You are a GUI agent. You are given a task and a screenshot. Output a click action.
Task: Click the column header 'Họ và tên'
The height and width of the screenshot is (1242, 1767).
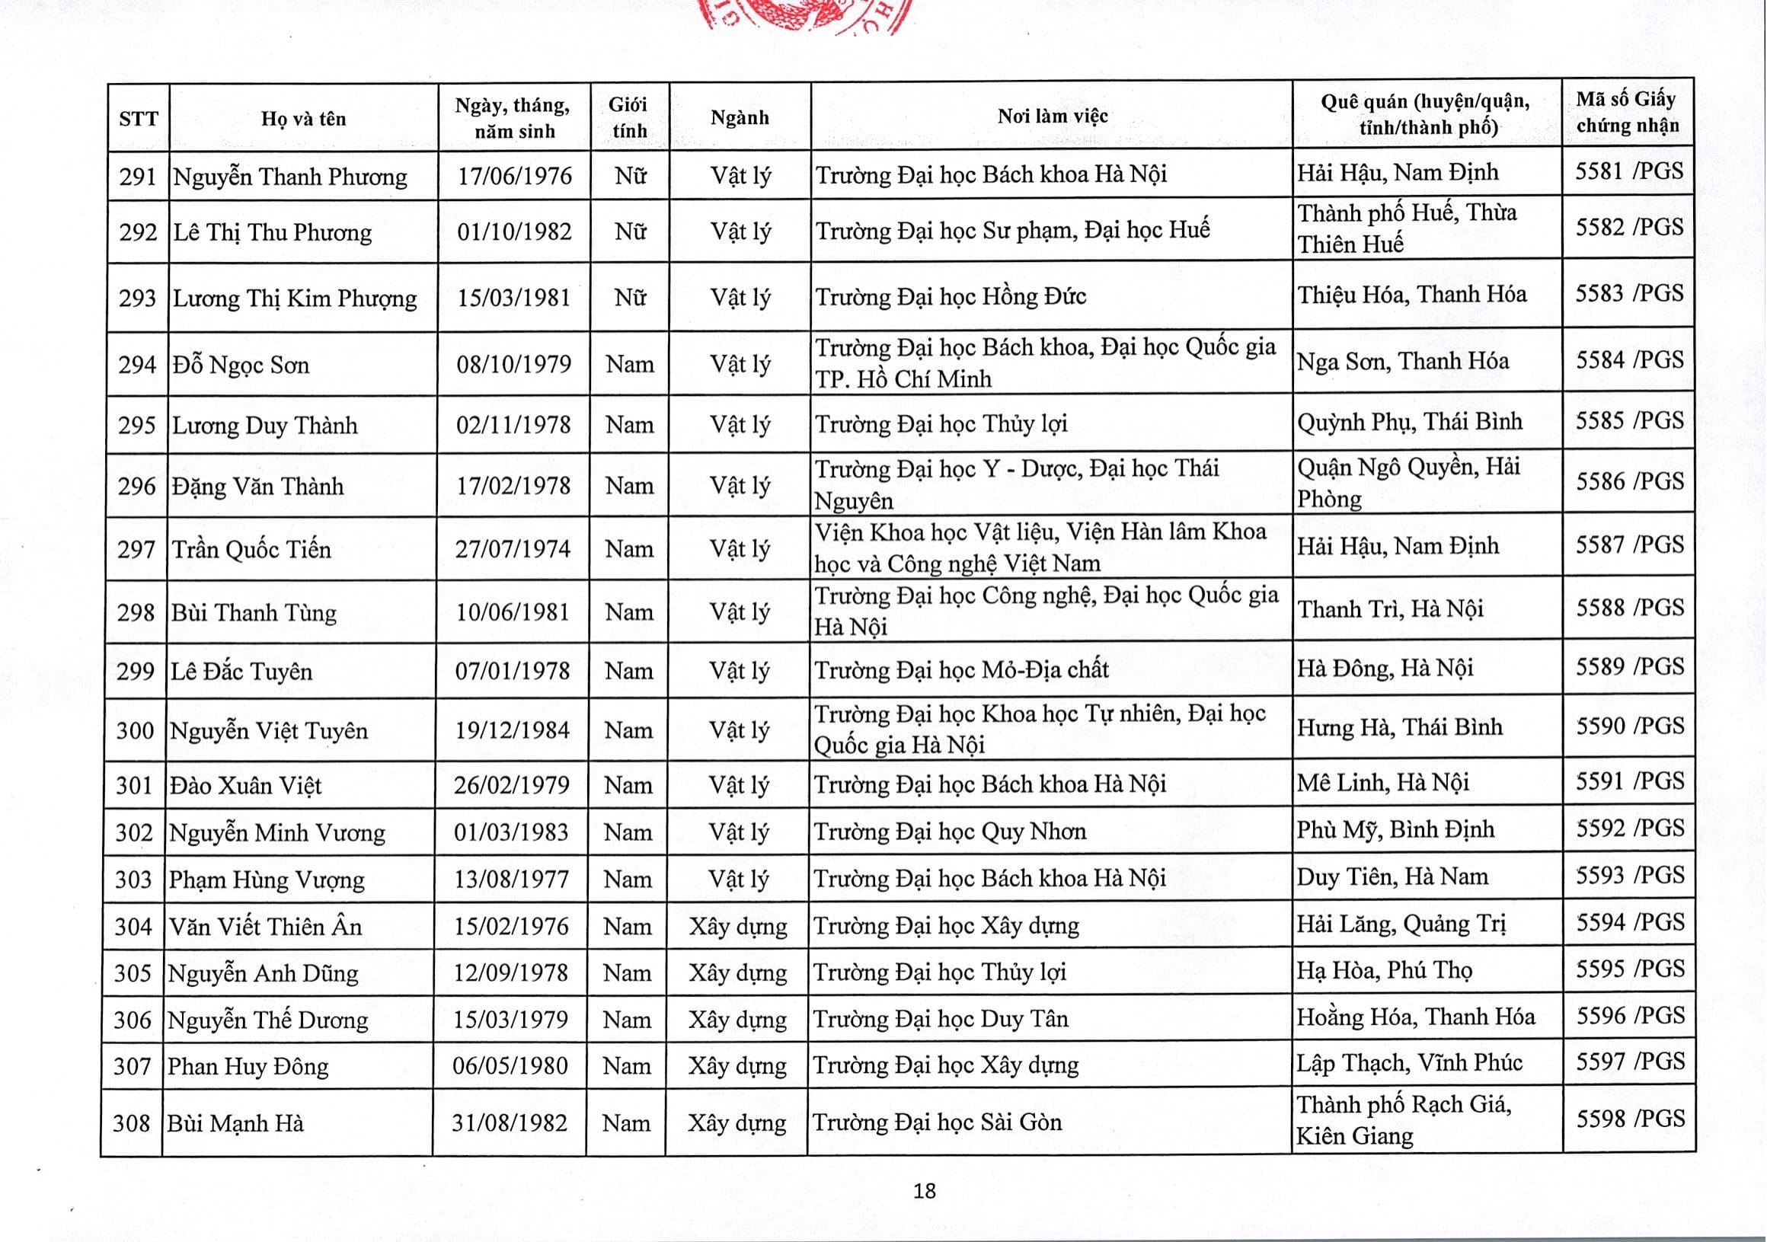click(x=303, y=119)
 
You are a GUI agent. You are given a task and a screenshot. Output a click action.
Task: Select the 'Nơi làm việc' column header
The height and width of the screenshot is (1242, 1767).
click(x=1052, y=117)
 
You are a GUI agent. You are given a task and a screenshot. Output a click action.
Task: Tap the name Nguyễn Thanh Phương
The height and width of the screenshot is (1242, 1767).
click(x=290, y=176)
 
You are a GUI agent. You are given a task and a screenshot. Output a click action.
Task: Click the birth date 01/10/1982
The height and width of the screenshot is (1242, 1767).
click(x=514, y=231)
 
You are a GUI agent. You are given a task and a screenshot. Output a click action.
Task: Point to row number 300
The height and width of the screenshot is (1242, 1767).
click(x=136, y=730)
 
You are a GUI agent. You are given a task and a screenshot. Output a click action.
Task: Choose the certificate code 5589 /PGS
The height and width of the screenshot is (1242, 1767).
click(x=1629, y=666)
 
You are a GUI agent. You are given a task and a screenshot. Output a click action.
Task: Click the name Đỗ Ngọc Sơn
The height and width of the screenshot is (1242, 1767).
click(x=241, y=364)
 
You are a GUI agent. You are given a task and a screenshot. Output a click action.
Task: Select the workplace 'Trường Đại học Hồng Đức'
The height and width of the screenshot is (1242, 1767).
click(x=951, y=296)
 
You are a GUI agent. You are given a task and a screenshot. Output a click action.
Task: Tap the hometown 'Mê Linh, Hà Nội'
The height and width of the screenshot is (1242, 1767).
click(x=1382, y=783)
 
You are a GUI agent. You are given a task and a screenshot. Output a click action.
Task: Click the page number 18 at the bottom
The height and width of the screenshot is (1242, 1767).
click(x=924, y=1191)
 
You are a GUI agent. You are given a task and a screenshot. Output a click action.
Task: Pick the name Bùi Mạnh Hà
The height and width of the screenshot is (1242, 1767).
click(x=235, y=1123)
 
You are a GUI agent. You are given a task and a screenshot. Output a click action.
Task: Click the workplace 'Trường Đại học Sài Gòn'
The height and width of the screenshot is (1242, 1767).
click(x=937, y=1122)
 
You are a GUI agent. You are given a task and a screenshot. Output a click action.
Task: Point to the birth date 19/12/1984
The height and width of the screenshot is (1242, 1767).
click(x=513, y=730)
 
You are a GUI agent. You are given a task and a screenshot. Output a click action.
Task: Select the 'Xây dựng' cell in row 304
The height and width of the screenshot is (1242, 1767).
click(x=737, y=926)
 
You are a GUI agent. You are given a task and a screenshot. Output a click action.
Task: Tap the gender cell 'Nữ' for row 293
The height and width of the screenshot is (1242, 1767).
click(x=630, y=297)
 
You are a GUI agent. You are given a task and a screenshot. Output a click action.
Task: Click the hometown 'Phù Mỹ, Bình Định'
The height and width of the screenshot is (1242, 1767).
click(x=1395, y=829)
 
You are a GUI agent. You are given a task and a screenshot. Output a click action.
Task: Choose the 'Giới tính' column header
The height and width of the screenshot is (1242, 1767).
click(x=629, y=117)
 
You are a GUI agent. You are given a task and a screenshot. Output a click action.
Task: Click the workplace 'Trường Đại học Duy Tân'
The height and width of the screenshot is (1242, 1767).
click(x=941, y=1019)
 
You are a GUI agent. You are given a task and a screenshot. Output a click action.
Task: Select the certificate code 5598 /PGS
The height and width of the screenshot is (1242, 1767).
click(x=1629, y=1119)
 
